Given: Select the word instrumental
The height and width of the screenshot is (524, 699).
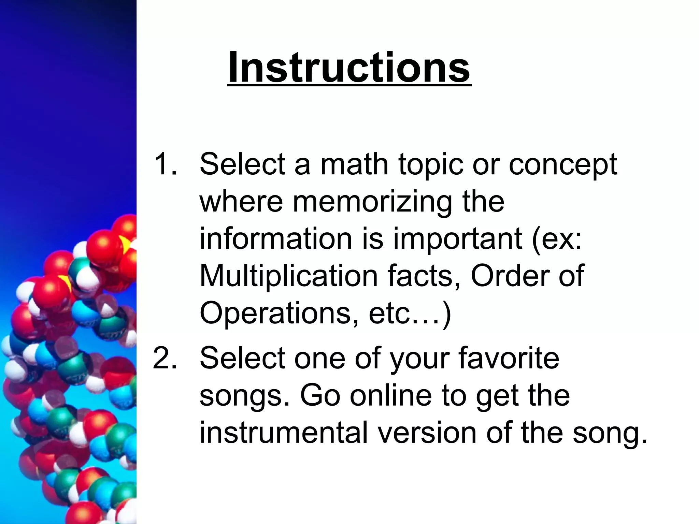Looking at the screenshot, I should tap(283, 433).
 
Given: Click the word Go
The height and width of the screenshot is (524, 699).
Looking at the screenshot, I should tap(320, 396).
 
